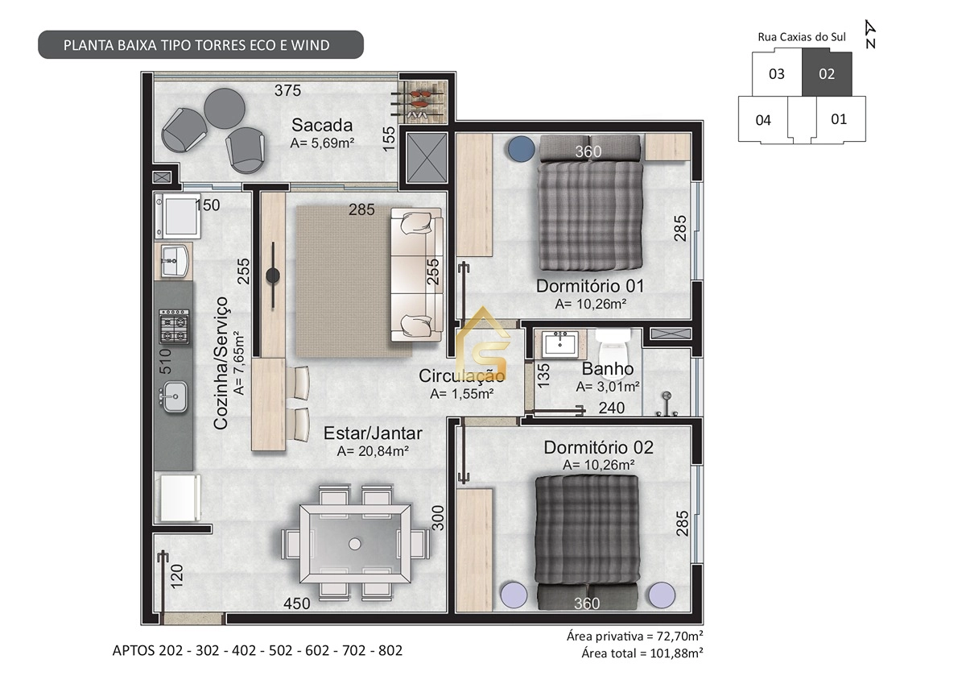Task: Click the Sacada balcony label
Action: (322, 125)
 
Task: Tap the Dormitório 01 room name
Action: (589, 286)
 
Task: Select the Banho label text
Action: (607, 369)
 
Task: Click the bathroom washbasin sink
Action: (559, 345)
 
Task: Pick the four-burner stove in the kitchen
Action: (174, 326)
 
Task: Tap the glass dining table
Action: (354, 542)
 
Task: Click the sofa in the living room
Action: (416, 274)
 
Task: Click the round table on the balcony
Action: (225, 109)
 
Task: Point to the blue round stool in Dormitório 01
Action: (521, 147)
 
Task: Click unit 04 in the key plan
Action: (763, 121)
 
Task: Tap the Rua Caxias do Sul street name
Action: (802, 36)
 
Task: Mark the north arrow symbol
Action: (869, 34)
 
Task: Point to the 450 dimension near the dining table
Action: (296, 603)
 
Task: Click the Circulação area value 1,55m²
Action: (461, 394)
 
